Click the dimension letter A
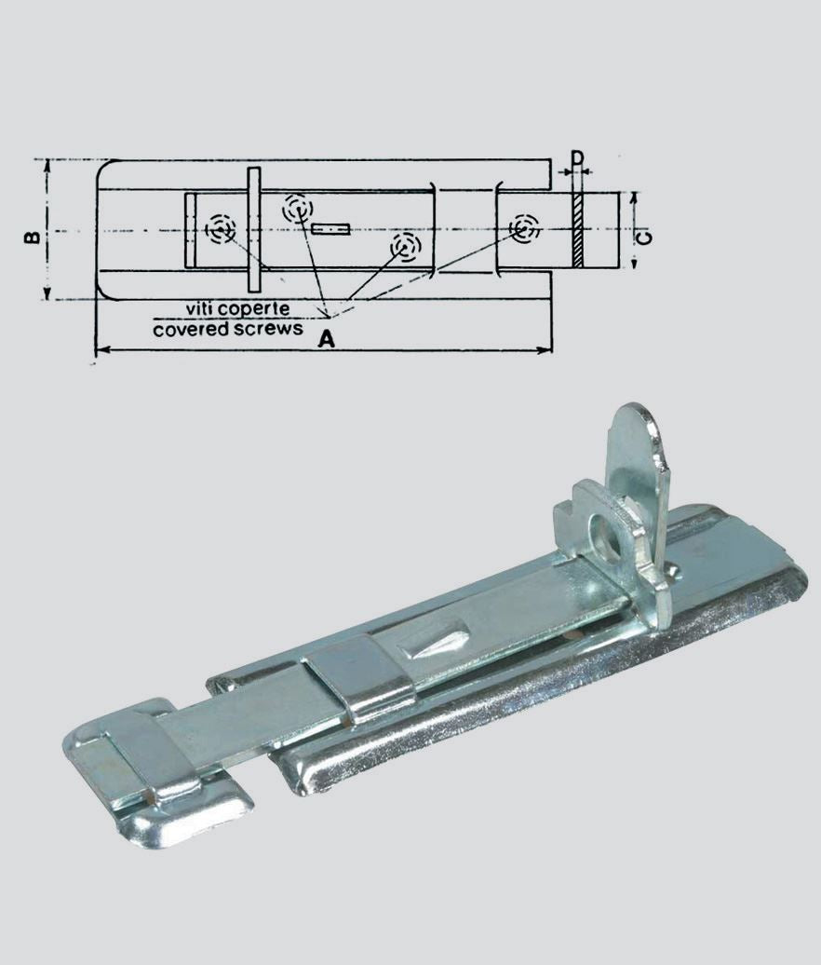tap(327, 338)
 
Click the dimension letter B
tap(33, 237)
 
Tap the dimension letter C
tap(644, 237)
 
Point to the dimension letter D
tap(577, 158)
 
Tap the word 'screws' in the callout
tap(264, 329)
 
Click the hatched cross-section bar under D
tap(577, 230)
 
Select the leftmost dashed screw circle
tap(221, 229)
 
